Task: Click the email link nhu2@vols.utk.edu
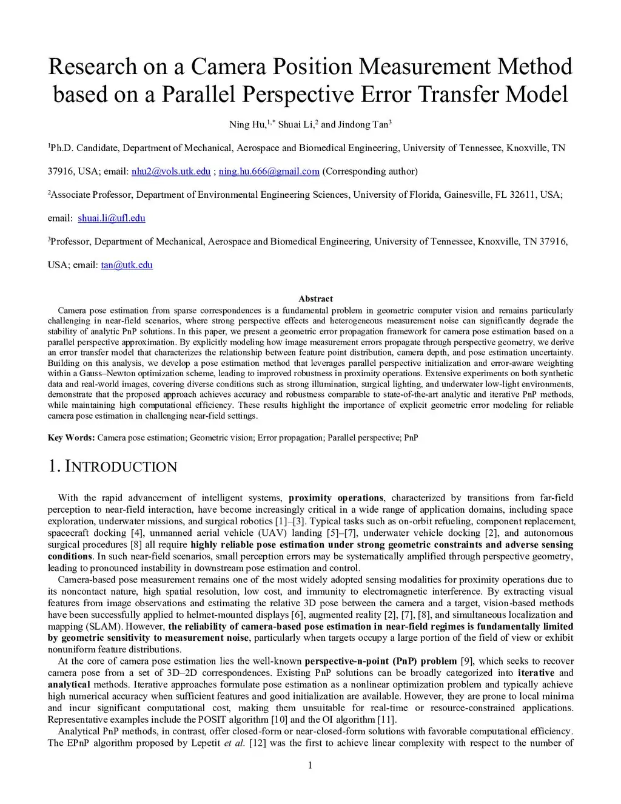171,171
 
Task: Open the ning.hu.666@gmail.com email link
269,171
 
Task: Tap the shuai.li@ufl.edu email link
112,218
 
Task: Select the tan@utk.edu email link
127,265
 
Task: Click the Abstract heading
315,299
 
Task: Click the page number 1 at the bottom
310,765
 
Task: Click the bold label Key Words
71,437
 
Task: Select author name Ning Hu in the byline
247,125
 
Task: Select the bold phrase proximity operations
336,498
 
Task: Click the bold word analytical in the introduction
69,684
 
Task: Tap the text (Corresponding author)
370,171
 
